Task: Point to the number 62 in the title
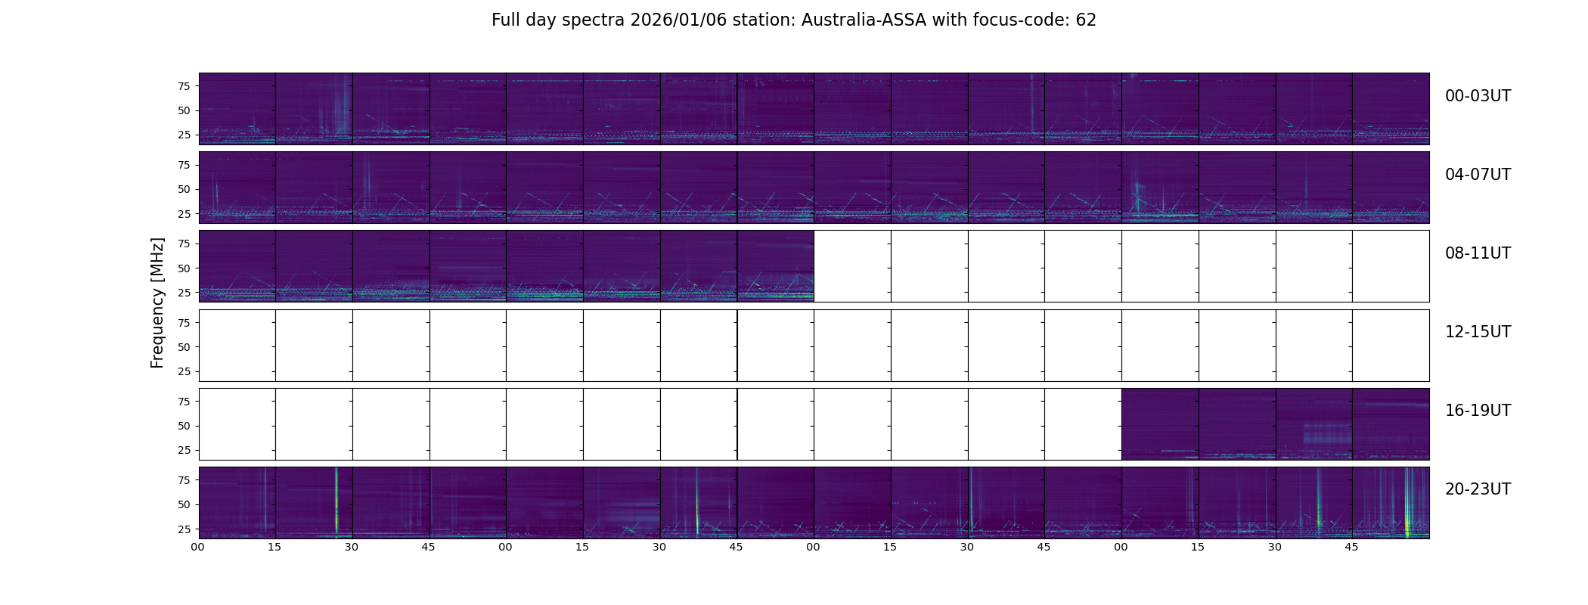pyautogui.click(x=1086, y=20)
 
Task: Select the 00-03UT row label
pyautogui.click(x=1478, y=96)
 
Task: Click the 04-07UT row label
pyautogui.click(x=1478, y=175)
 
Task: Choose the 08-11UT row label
pyautogui.click(x=1478, y=253)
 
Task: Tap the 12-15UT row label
pyautogui.click(x=1478, y=332)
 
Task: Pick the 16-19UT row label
pyautogui.click(x=1478, y=411)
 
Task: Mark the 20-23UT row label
pyautogui.click(x=1478, y=489)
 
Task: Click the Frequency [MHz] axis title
pyautogui.click(x=157, y=302)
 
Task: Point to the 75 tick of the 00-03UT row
pyautogui.click(x=184, y=86)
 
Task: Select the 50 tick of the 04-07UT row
pyautogui.click(x=184, y=189)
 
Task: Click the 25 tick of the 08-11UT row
pyautogui.click(x=184, y=293)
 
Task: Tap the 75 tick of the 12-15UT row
pyautogui.click(x=184, y=322)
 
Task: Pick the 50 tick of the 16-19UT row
pyautogui.click(x=184, y=426)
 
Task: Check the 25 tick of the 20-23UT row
pyautogui.click(x=184, y=529)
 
